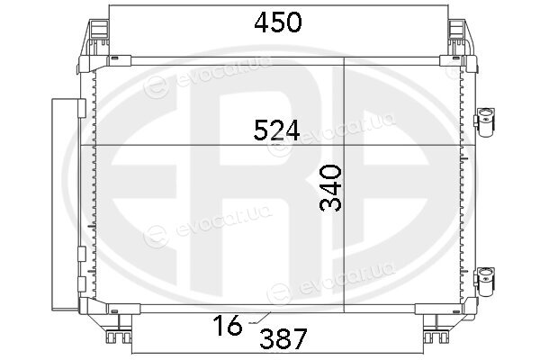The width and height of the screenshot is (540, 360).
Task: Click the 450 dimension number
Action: click(x=278, y=22)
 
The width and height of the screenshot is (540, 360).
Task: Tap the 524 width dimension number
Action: click(x=276, y=130)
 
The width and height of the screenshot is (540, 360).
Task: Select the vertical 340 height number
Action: click(x=330, y=188)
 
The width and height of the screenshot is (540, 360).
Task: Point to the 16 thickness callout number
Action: click(x=228, y=325)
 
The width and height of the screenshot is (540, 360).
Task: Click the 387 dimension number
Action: click(x=283, y=338)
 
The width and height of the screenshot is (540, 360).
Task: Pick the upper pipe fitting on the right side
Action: click(x=485, y=122)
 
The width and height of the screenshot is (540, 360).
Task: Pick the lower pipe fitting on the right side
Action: click(x=485, y=281)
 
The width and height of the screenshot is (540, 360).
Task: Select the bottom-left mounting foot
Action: click(x=119, y=336)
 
